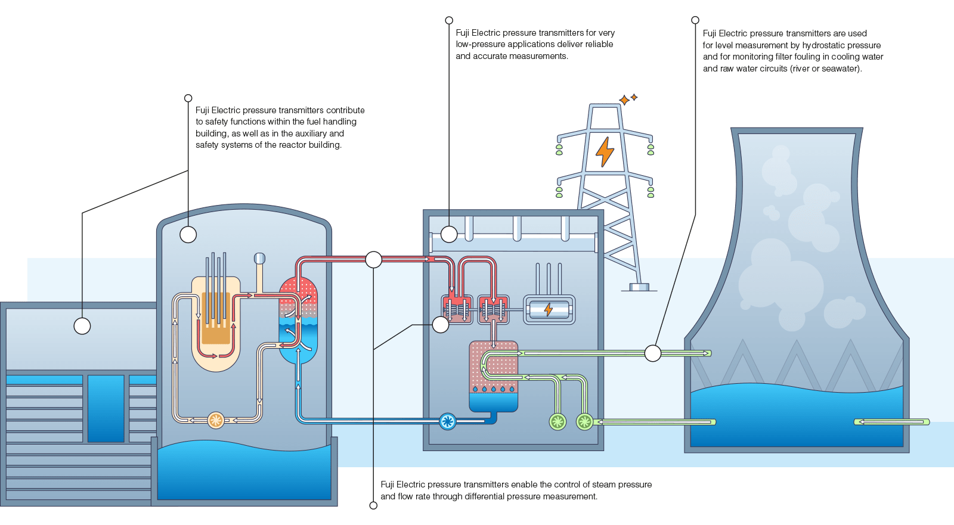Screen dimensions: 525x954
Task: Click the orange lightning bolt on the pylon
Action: point(605,151)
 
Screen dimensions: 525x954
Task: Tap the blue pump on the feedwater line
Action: point(447,421)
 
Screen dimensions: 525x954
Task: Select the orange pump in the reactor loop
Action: point(216,420)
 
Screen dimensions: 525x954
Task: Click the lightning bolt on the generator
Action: point(549,309)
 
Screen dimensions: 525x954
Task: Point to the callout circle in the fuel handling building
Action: point(82,326)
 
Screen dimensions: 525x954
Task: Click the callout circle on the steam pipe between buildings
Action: point(373,259)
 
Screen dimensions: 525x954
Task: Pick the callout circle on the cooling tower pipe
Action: point(653,353)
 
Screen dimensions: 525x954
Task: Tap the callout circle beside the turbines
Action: point(441,325)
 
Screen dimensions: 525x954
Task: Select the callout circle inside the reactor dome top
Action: point(188,235)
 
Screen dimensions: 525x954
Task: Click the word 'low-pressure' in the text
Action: point(480,44)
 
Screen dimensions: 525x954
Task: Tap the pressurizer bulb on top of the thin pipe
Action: point(259,258)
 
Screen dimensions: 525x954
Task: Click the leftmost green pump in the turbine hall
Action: point(557,421)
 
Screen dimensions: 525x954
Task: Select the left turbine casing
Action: point(457,309)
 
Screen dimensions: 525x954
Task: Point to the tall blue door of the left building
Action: point(106,408)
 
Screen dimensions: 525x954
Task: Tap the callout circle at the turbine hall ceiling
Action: point(449,234)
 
